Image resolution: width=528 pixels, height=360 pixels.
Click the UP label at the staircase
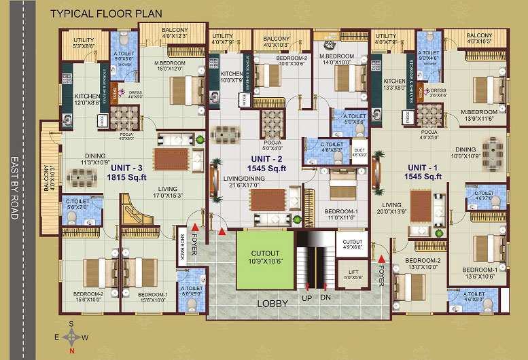pos(308,298)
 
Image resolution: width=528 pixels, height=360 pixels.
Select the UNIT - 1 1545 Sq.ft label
pos(425,172)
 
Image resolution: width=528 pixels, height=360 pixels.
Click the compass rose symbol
pos(71,337)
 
